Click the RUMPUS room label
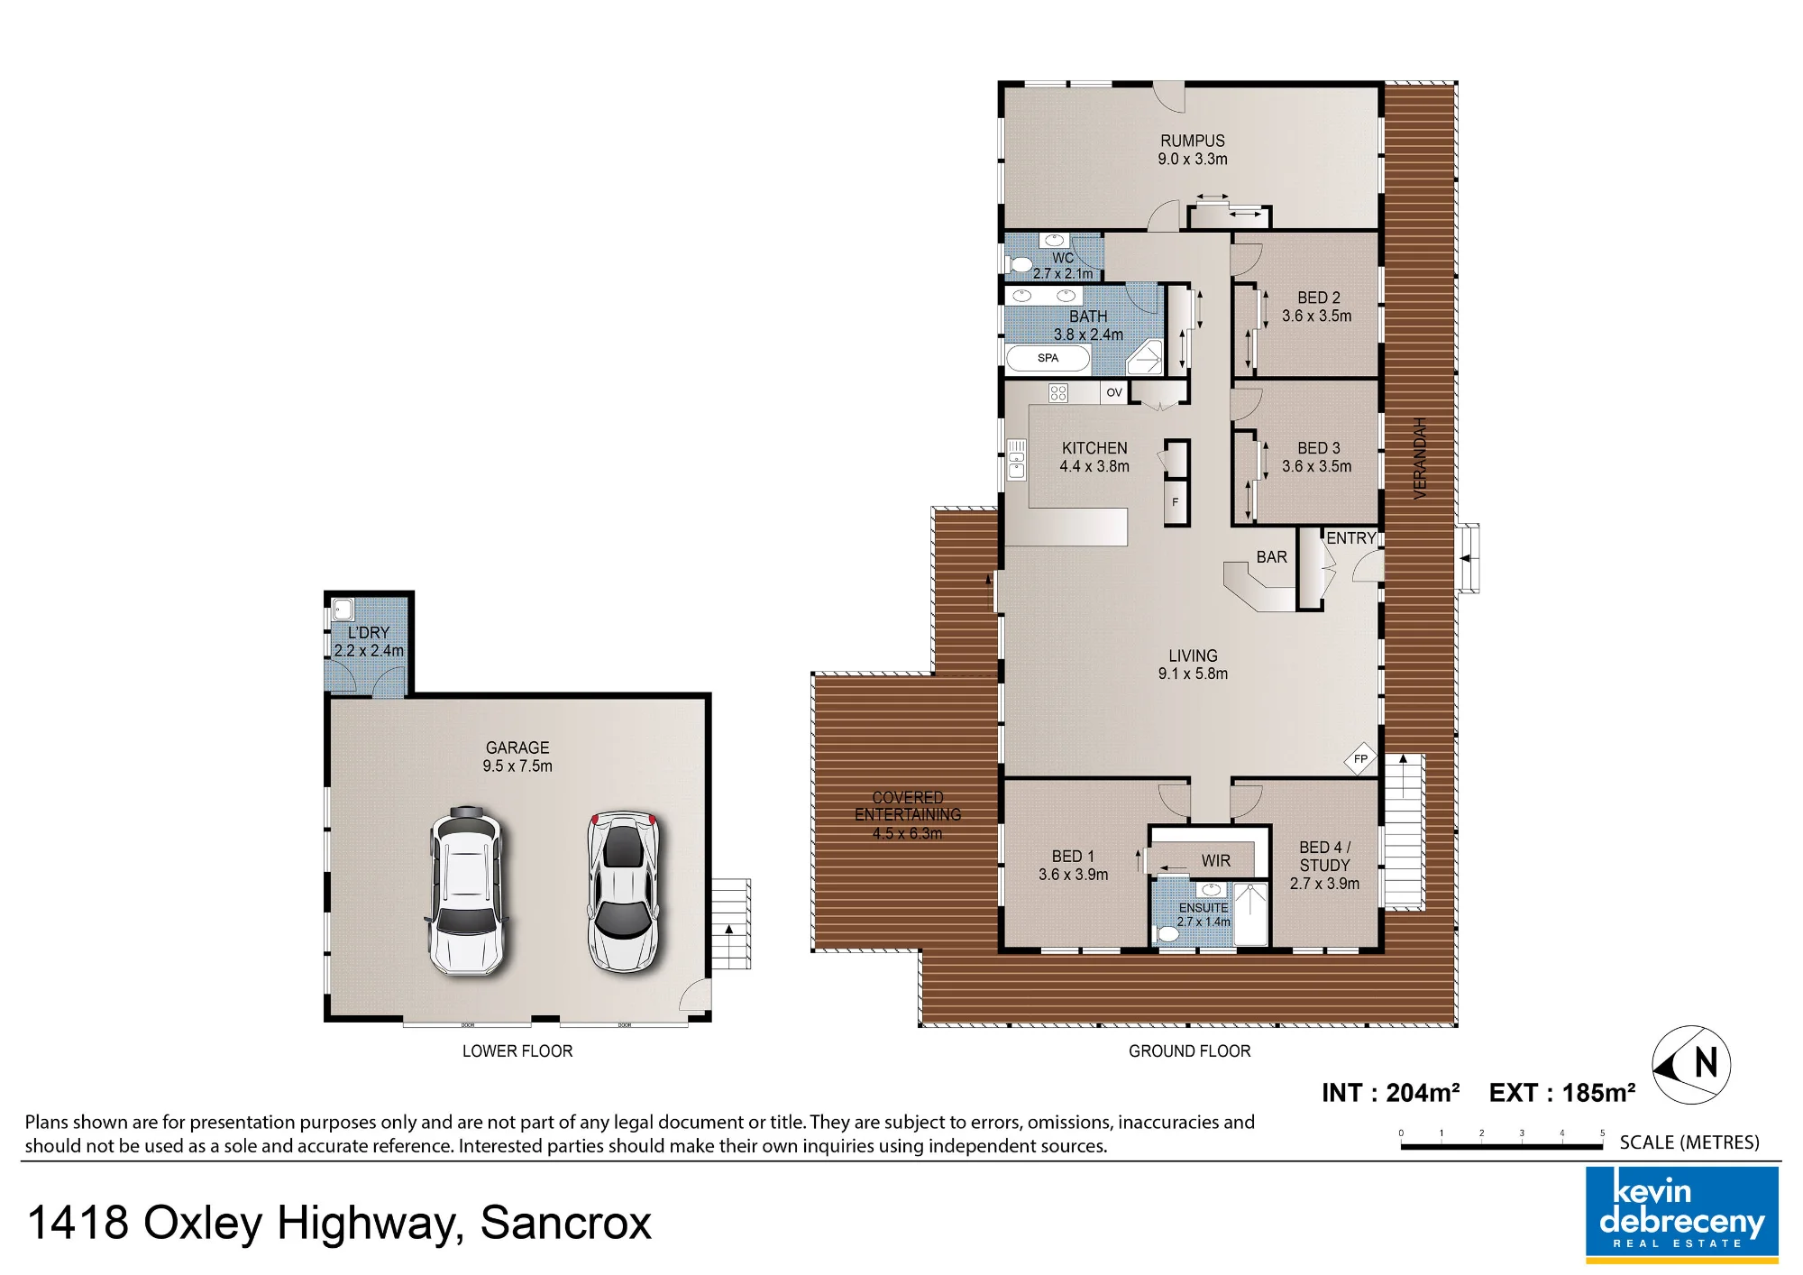[1193, 141]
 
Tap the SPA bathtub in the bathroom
[1048, 358]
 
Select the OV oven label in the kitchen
[1114, 392]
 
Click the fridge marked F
[1176, 503]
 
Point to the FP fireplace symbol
[1360, 759]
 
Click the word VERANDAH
[1420, 458]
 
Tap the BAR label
[1271, 557]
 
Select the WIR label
[1215, 861]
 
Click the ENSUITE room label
[1204, 907]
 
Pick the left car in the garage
[465, 890]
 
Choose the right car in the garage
[623, 891]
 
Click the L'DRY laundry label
[368, 633]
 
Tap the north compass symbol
[1691, 1065]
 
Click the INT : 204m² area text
[1390, 1093]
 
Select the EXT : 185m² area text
[1562, 1093]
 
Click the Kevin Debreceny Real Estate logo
[1682, 1213]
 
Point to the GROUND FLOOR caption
[1189, 1051]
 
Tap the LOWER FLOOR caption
[517, 1051]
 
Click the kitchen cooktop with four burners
[1058, 392]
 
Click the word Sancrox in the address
[565, 1224]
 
